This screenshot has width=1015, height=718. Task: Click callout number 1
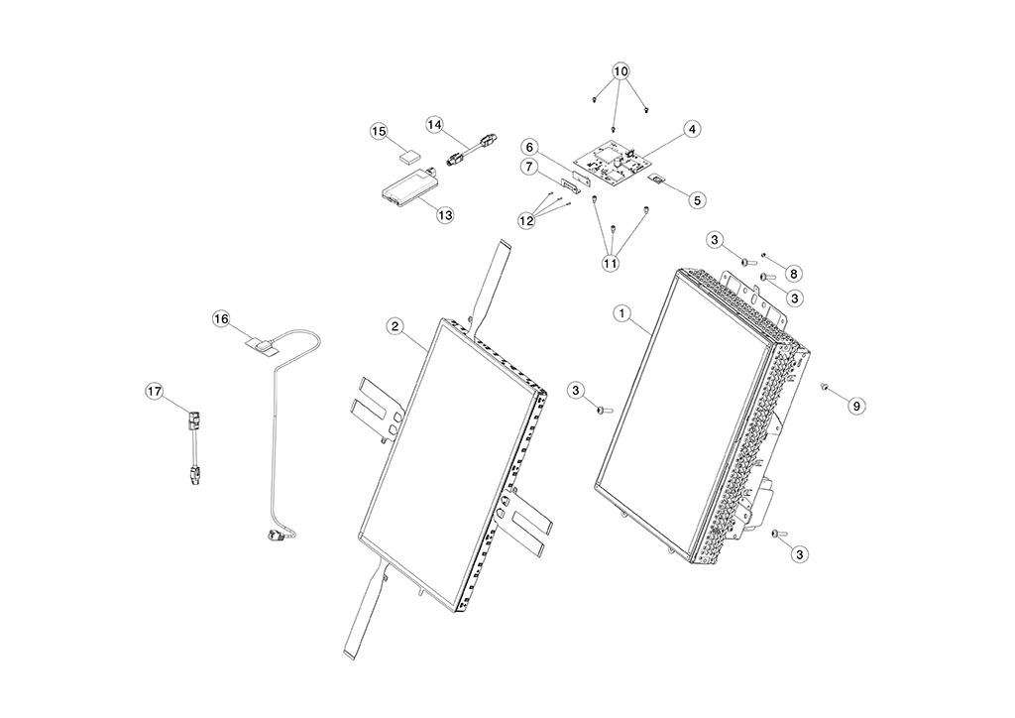click(622, 312)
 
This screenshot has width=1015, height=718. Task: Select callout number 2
click(395, 326)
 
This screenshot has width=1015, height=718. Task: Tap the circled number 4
click(692, 129)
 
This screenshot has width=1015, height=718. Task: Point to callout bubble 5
click(698, 199)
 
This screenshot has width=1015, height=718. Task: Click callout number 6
click(530, 148)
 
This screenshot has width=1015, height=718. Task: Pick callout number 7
click(530, 166)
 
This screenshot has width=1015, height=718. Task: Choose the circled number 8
click(794, 272)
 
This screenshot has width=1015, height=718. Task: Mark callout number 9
click(856, 405)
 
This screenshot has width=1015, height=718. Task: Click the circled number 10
click(620, 71)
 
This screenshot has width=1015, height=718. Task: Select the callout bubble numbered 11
click(611, 263)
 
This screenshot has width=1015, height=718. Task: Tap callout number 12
click(526, 220)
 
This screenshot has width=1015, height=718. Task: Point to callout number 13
click(444, 214)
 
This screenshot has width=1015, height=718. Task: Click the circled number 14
click(435, 124)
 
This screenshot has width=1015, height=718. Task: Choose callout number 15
click(379, 131)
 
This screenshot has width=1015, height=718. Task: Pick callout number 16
click(221, 318)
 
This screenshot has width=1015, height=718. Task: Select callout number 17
click(155, 392)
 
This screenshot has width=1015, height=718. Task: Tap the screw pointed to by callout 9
click(825, 388)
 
